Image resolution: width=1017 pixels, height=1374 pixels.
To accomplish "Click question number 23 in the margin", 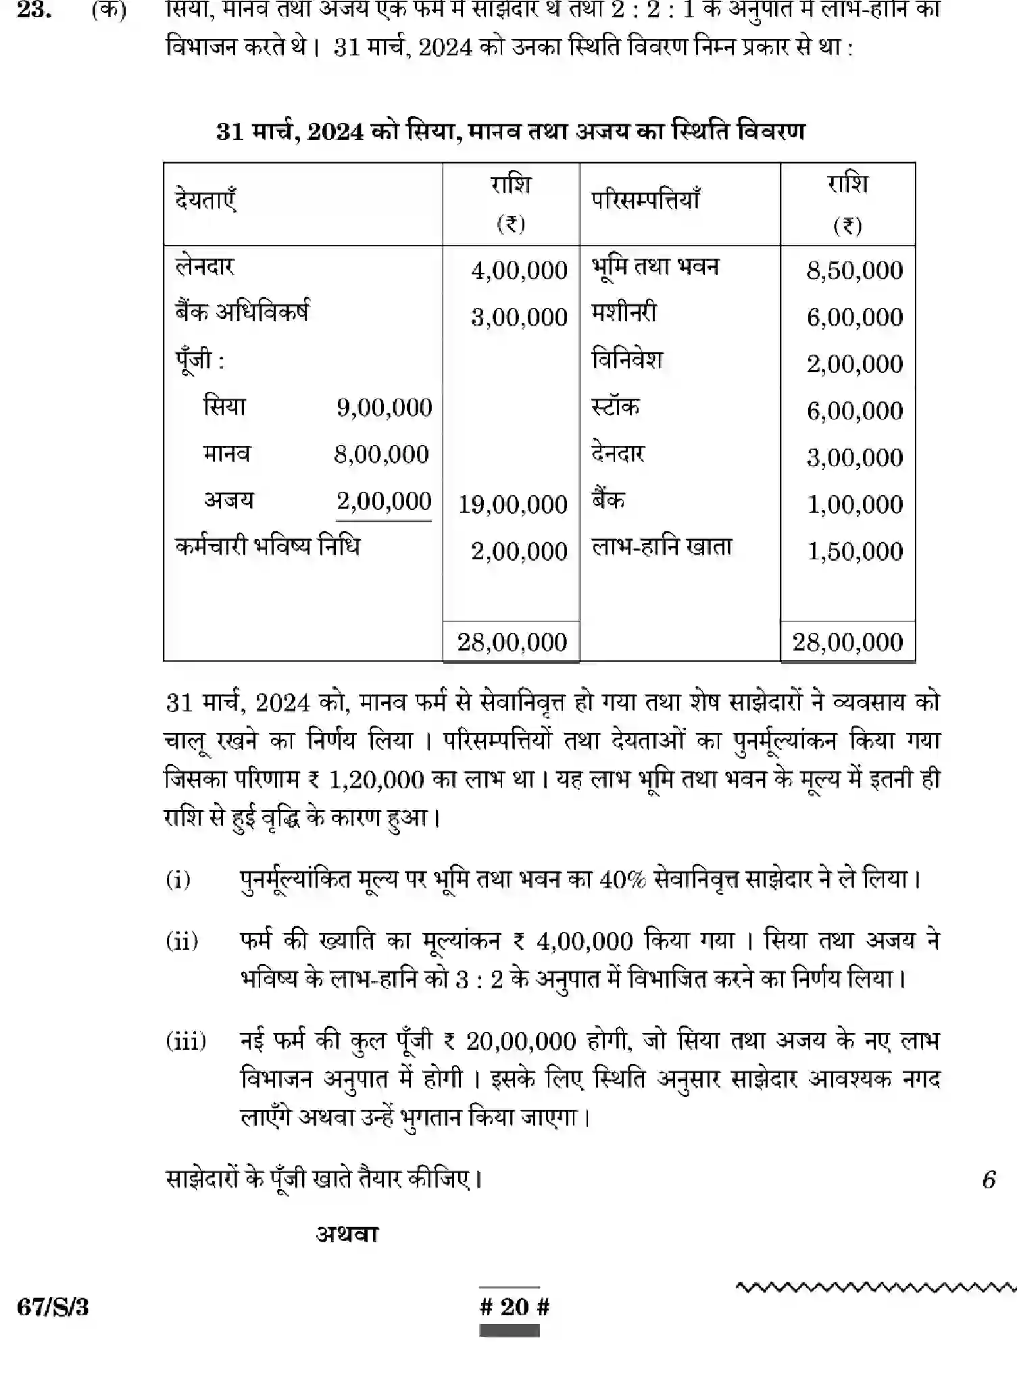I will pyautogui.click(x=34, y=11).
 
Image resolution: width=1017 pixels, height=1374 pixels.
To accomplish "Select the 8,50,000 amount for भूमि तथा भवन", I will pyautogui.click(x=854, y=270).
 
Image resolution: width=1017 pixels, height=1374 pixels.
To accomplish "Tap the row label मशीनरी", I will pyautogui.click(x=624, y=313).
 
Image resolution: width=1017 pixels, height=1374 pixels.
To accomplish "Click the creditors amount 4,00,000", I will pyautogui.click(x=519, y=270).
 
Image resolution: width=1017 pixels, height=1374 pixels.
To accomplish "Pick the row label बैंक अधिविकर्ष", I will pyautogui.click(x=242, y=313).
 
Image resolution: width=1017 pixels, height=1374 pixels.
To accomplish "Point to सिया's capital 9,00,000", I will pyautogui.click(x=384, y=407).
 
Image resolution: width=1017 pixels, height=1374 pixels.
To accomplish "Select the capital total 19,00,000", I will pyautogui.click(x=513, y=504).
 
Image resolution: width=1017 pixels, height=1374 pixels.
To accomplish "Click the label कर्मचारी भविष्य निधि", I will pyautogui.click(x=268, y=546).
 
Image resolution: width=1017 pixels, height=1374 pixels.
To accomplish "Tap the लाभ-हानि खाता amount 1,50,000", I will pyautogui.click(x=855, y=551).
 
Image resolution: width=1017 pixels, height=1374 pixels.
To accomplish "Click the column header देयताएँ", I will pyautogui.click(x=205, y=201).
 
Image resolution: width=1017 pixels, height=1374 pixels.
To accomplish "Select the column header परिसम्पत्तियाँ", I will pyautogui.click(x=645, y=201).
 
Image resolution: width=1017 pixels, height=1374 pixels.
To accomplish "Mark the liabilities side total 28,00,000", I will pyautogui.click(x=512, y=642).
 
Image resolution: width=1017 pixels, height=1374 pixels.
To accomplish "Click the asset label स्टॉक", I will pyautogui.click(x=615, y=407).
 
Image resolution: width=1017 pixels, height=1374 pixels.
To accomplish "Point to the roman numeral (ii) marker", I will pyautogui.click(x=182, y=940).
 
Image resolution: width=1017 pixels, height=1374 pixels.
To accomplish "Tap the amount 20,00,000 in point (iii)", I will pyautogui.click(x=520, y=1041).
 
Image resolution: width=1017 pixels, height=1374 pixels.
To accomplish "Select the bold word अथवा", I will pyautogui.click(x=347, y=1234).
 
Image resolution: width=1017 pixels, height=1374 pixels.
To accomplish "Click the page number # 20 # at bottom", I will pyautogui.click(x=514, y=1306).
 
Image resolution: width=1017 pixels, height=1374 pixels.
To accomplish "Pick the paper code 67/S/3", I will pyautogui.click(x=53, y=1307).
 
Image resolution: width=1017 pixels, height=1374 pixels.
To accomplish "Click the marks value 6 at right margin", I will pyautogui.click(x=989, y=1179).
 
